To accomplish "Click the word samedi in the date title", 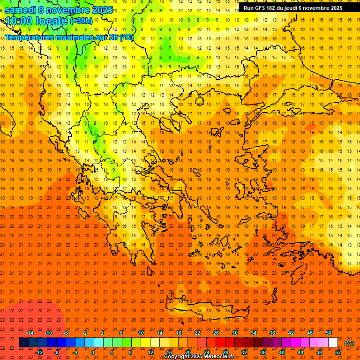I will pos(21,10).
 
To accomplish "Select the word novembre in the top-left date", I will pos(69,10).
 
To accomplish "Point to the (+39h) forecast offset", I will pos(81,21).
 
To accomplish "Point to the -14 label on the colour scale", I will pos(30,333).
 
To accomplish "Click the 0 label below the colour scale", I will pos(92,352).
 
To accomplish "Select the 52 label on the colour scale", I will pos(338,352).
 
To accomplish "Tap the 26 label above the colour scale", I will pos(216,333).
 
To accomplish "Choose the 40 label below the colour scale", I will pos(282,352).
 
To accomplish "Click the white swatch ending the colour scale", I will pos(333,343).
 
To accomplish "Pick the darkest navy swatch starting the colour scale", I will pos(23,343).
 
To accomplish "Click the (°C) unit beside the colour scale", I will pos(349,343).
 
